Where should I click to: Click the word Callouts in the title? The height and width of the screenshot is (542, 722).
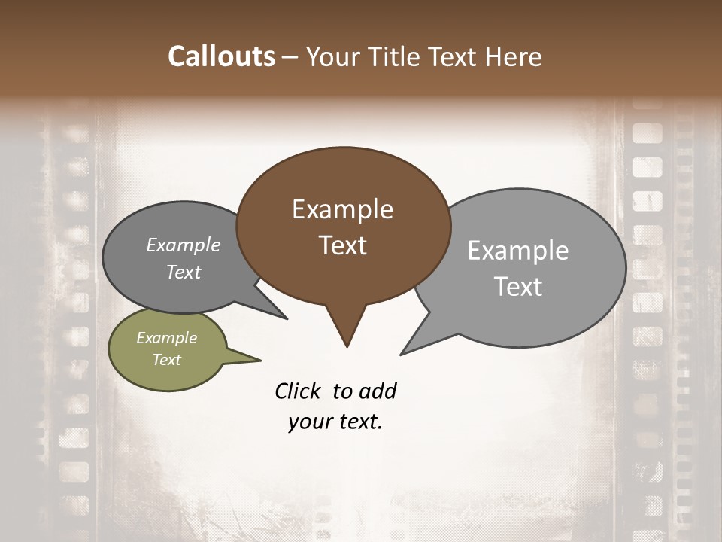pyautogui.click(x=221, y=57)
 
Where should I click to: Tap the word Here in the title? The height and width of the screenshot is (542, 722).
pyautogui.click(x=514, y=57)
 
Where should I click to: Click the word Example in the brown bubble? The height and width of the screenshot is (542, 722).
pyautogui.click(x=343, y=209)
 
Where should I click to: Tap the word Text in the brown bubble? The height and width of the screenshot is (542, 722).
pyautogui.click(x=343, y=245)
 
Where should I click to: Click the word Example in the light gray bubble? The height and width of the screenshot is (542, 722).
pyautogui.click(x=518, y=251)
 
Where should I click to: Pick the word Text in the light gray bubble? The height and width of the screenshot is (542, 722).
pyautogui.click(x=518, y=287)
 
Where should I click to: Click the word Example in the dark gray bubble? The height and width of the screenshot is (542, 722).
pyautogui.click(x=184, y=245)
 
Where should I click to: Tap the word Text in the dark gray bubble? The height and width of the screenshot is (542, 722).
pyautogui.click(x=184, y=273)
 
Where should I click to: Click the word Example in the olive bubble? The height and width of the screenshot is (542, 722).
pyautogui.click(x=167, y=338)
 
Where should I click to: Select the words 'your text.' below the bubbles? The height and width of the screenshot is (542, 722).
pyautogui.click(x=335, y=422)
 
